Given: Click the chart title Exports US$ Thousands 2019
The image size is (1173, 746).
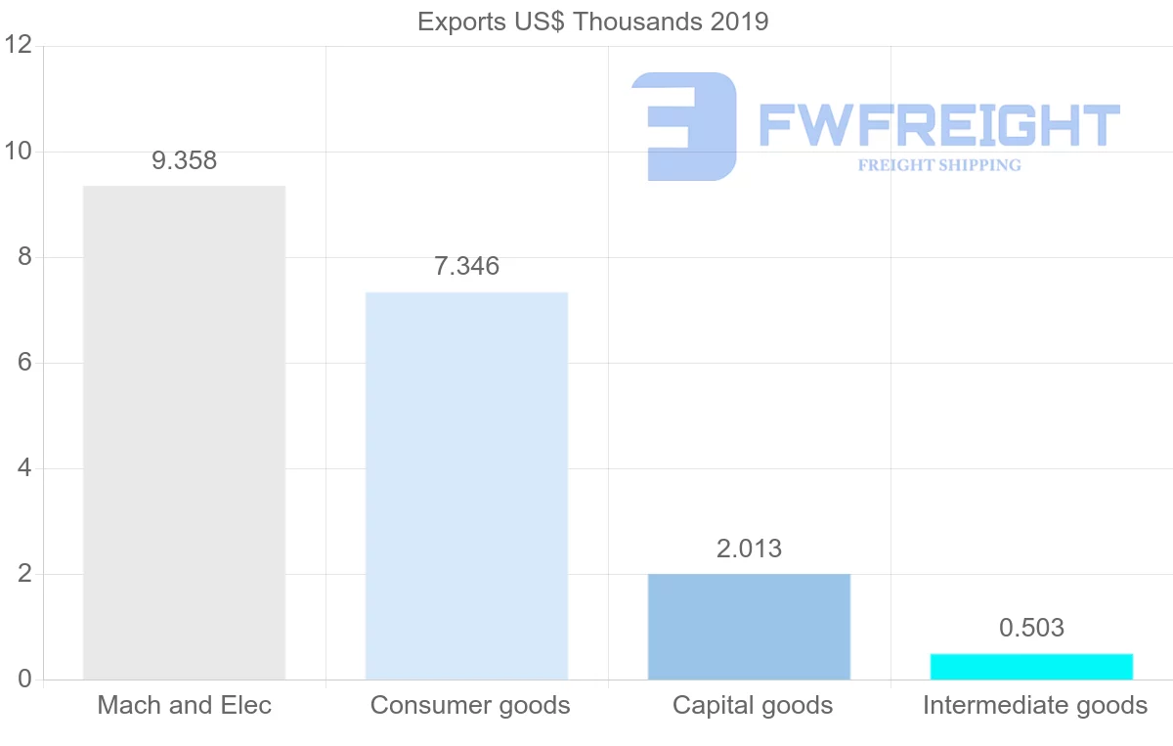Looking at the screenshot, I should pos(592,22).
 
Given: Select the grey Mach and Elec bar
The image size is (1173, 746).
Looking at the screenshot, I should pos(184,432).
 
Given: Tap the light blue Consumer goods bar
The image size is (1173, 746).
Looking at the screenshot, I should pos(466,485).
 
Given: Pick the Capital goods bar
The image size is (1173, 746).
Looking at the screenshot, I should pos(749,626).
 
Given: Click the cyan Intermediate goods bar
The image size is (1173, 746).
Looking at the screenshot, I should pos(1031,666).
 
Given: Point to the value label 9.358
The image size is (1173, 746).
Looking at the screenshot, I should pos(184,161).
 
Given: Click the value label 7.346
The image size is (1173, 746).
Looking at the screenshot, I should pos(466,266).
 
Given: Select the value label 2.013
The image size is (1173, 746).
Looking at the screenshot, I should pos(749,549).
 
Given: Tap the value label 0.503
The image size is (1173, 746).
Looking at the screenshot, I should pos(1031,628).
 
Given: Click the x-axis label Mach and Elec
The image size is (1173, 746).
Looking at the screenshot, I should pos(184,705).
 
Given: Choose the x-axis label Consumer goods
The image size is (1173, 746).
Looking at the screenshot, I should pos(470,705).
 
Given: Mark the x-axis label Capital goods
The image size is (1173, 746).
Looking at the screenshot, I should pos(753,705).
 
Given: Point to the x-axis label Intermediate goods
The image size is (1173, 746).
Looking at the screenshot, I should pos(1035,705).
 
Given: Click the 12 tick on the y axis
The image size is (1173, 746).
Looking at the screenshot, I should pos(19,46).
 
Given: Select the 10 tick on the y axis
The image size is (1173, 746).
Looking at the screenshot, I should pos(19,152).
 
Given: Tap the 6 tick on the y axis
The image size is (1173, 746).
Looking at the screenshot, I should pos(24,363).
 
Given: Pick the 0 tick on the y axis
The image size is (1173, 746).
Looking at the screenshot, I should pos(24,680).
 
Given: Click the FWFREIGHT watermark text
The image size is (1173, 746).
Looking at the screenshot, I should pos(938,125).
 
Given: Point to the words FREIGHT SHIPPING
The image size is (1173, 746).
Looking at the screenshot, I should pos(939,165).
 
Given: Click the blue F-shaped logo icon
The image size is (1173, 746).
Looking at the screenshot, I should pos(684,126).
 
